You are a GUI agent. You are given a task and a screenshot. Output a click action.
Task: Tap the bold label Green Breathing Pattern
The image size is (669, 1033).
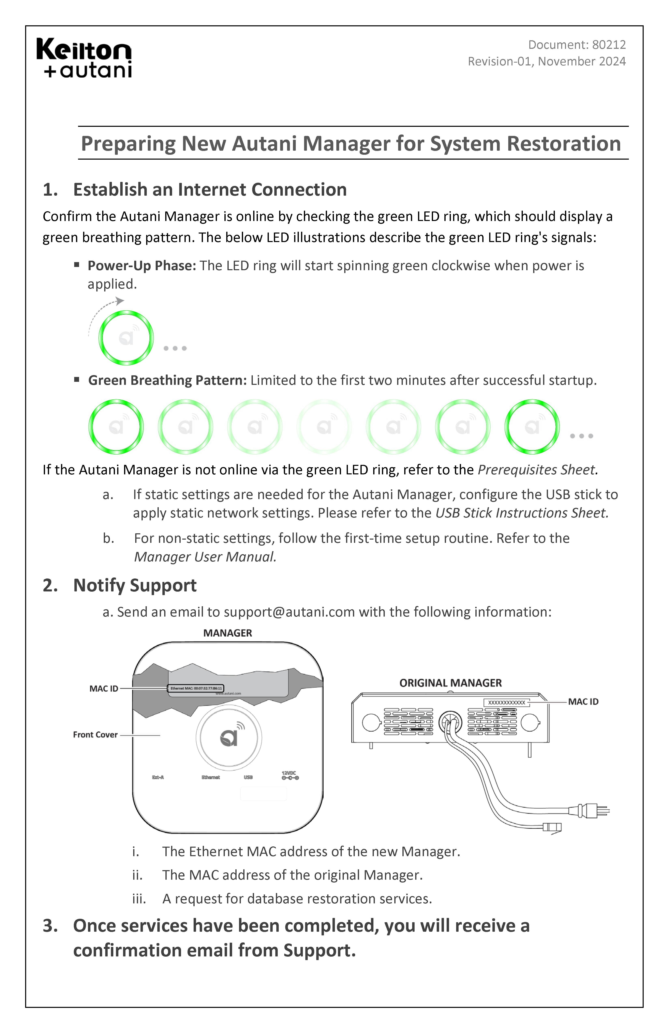coord(167,380)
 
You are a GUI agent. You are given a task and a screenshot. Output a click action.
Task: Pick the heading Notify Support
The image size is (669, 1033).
coord(135,586)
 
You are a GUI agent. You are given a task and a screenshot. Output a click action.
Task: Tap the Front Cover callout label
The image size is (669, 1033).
coord(95,735)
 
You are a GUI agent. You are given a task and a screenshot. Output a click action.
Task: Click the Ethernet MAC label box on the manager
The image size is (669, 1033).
coord(196,688)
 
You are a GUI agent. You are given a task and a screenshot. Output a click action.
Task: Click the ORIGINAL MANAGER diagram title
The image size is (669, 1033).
coord(450,683)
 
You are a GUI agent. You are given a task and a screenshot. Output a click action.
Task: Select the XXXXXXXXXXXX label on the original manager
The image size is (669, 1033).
coord(507,702)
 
